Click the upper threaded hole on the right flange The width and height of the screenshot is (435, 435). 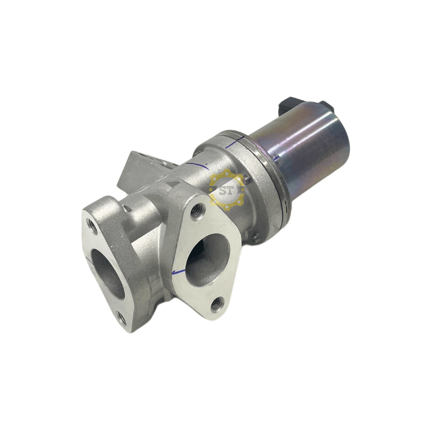pyautogui.click(x=198, y=209)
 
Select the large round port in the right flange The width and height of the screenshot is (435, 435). pyautogui.click(x=207, y=260)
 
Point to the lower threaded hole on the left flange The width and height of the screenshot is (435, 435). pyautogui.click(x=122, y=318)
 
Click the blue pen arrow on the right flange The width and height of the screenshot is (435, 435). pyautogui.click(x=178, y=271)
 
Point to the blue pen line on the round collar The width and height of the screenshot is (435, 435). pyautogui.click(x=235, y=142)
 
